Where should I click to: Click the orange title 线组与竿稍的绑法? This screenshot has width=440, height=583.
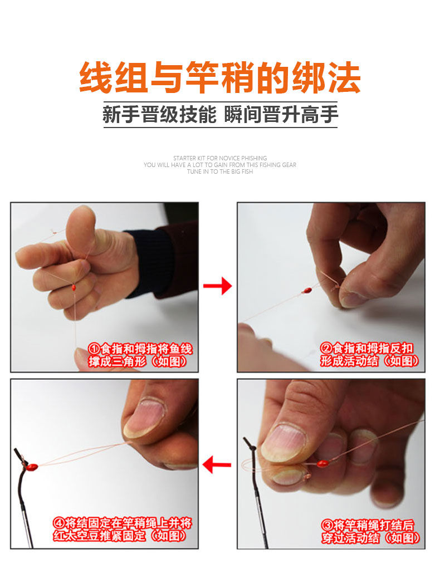pyautogui.click(x=220, y=78)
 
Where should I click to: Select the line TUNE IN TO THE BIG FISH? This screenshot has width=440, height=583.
pyautogui.click(x=220, y=172)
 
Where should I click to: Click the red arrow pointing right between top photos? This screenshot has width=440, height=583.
pyautogui.click(x=217, y=287)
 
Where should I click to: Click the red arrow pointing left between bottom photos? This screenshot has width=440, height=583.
pyautogui.click(x=217, y=464)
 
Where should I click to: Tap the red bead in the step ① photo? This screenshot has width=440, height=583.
pyautogui.click(x=74, y=287)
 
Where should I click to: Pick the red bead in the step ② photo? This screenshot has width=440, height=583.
pyautogui.click(x=306, y=290)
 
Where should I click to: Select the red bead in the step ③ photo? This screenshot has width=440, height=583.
pyautogui.click(x=321, y=463)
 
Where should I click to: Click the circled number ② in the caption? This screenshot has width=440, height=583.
pyautogui.click(x=326, y=349)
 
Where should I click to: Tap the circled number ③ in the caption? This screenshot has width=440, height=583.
pyautogui.click(x=327, y=525)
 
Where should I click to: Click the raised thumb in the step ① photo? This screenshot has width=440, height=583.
pyautogui.click(x=84, y=226)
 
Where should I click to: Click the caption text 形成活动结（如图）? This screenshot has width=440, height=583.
pyautogui.click(x=369, y=361)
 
